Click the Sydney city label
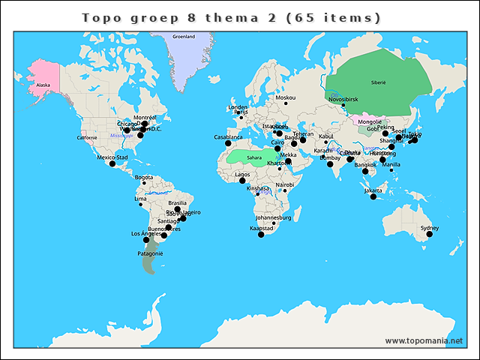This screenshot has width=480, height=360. pos(430,227)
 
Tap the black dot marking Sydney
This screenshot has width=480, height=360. pos(430,234)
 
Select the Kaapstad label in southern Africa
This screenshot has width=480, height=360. pos(262,227)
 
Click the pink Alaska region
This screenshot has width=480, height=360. pos(43,85)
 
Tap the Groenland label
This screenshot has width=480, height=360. pos(184,36)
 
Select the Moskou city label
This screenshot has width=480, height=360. pos(285,97)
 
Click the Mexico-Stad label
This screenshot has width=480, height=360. pos(112,157)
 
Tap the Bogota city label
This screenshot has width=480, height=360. pos(144,177)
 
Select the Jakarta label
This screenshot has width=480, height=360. pos(373,190)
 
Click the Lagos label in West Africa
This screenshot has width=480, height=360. pos(242,174)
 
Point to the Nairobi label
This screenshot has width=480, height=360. pos(284,184)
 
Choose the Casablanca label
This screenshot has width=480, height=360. pos(228,136)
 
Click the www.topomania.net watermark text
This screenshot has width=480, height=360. pos(424,340)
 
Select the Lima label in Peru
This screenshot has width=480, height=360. pos(140,199)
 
